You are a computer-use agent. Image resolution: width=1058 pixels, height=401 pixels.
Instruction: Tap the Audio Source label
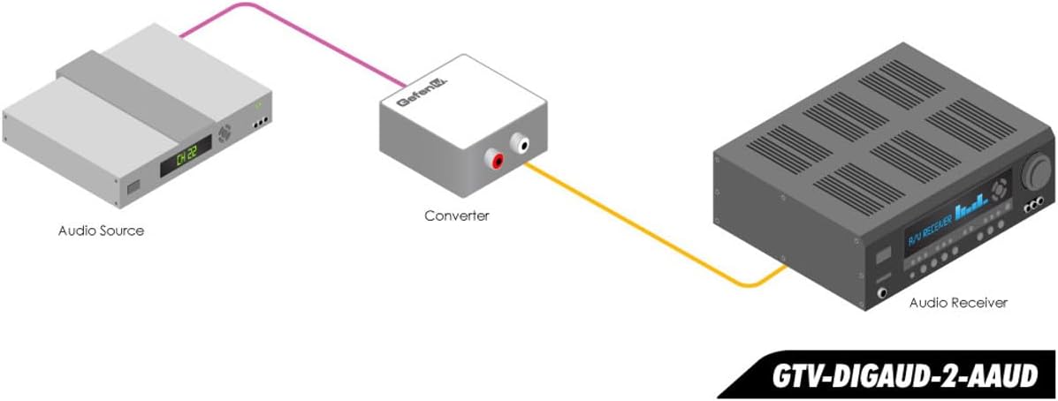101,231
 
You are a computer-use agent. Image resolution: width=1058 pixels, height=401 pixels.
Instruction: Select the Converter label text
455,216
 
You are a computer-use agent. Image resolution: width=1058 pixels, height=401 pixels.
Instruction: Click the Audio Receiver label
958,303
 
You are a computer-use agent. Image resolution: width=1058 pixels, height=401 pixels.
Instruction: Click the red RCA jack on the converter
497,161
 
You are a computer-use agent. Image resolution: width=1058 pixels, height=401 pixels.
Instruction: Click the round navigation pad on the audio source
226,135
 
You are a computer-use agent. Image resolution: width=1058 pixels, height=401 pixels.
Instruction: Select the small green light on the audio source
259,105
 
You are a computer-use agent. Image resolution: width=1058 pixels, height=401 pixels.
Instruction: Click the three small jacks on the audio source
260,124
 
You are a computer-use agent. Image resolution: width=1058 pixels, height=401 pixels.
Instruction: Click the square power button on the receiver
882,256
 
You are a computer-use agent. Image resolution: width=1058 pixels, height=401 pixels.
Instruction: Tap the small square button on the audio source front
133,188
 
